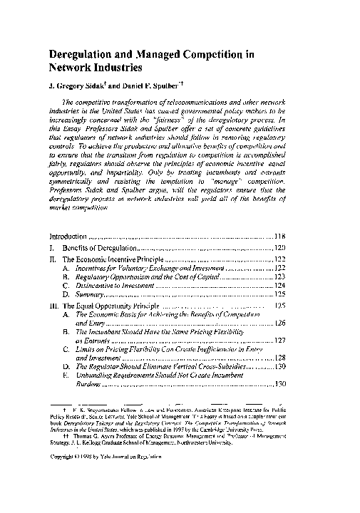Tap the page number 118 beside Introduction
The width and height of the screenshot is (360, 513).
(279, 236)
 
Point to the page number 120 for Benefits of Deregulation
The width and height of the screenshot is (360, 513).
(279, 249)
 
